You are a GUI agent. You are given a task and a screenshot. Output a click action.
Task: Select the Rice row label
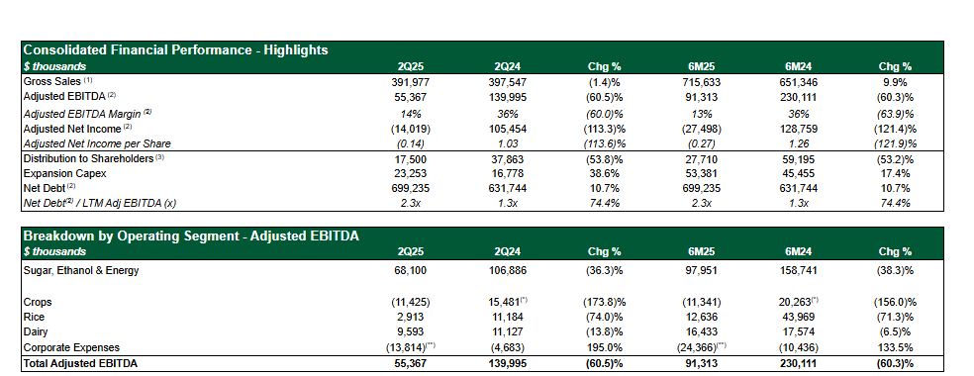pos(34,317)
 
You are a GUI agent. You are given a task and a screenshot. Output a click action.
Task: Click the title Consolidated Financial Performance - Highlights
pos(175,50)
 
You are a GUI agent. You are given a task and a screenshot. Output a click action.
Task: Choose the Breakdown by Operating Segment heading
pos(191,235)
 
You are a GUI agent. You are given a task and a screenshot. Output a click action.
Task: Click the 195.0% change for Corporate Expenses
pos(605,347)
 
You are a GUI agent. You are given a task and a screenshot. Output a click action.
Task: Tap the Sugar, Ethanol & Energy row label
pos(81,270)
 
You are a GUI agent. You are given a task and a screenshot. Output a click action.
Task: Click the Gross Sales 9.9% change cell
pos(895,82)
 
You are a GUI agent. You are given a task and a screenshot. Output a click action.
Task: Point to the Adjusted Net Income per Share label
pos(97,143)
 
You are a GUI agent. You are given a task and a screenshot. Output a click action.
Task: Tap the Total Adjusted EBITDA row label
pos(80,364)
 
